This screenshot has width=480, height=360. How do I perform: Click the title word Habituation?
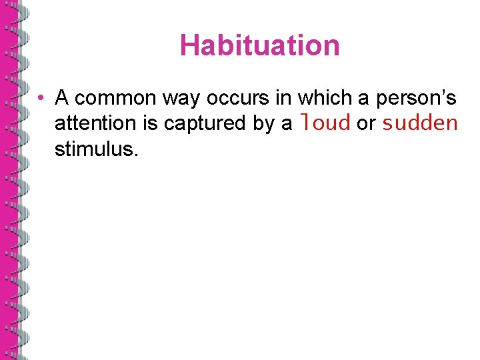tap(259, 45)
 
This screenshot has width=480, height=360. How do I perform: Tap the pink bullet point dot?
tap(41, 99)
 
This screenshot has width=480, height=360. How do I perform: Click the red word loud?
tap(326, 123)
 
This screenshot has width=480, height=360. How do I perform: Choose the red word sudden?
tap(420, 123)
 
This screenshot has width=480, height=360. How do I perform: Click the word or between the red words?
tap(366, 123)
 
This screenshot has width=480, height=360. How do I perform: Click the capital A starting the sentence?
tap(62, 99)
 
